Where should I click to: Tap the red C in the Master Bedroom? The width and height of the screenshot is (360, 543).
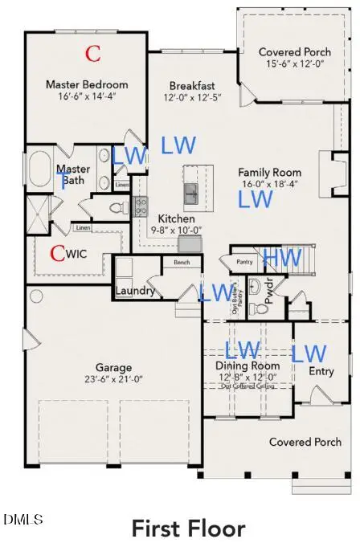pos(94,54)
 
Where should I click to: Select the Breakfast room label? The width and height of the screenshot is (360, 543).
pos(192,86)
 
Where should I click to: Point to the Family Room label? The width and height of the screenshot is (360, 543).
pos(269,172)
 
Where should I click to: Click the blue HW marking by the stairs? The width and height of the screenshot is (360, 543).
pos(282,258)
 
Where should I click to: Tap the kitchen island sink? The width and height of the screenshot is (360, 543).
pos(192,193)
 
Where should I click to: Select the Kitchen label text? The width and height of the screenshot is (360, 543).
pos(175,218)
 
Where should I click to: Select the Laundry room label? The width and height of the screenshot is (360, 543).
pos(134,291)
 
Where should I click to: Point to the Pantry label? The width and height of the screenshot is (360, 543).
pos(244,261)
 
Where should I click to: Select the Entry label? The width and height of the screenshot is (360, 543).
pos(321,371)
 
